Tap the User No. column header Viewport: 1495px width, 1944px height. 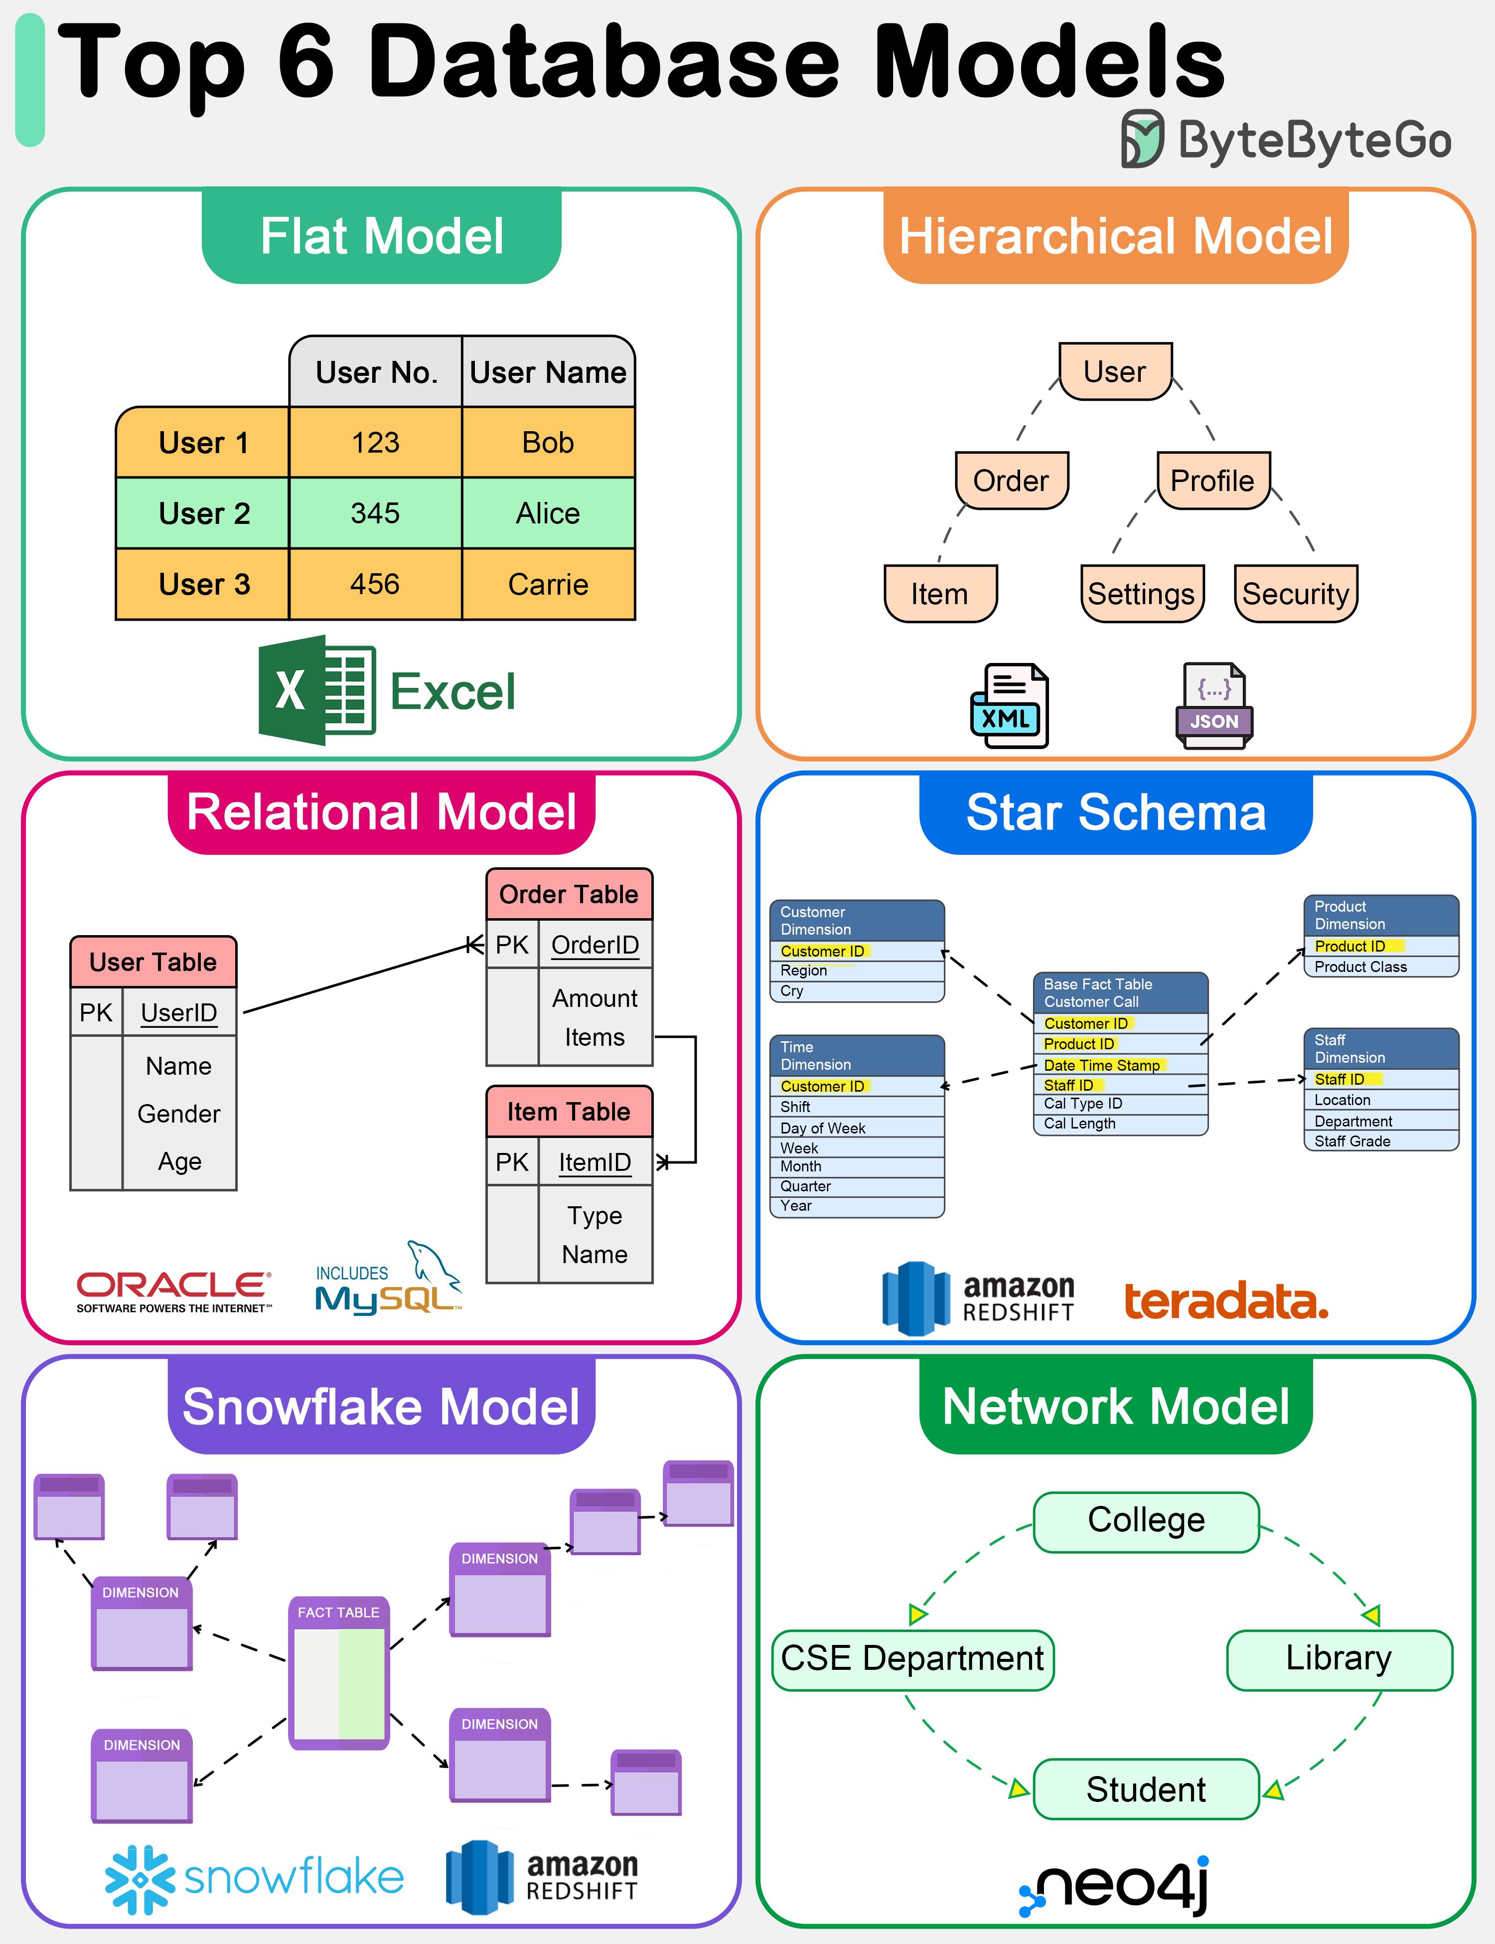click(376, 372)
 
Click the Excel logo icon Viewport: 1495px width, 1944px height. click(316, 691)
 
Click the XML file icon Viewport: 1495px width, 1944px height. click(1009, 706)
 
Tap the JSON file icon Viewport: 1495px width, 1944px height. click(1214, 706)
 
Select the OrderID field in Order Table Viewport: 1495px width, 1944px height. click(595, 945)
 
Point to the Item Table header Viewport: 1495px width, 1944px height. click(569, 1112)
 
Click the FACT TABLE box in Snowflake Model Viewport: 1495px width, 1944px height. click(338, 1672)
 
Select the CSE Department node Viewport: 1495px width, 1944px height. click(912, 1659)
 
